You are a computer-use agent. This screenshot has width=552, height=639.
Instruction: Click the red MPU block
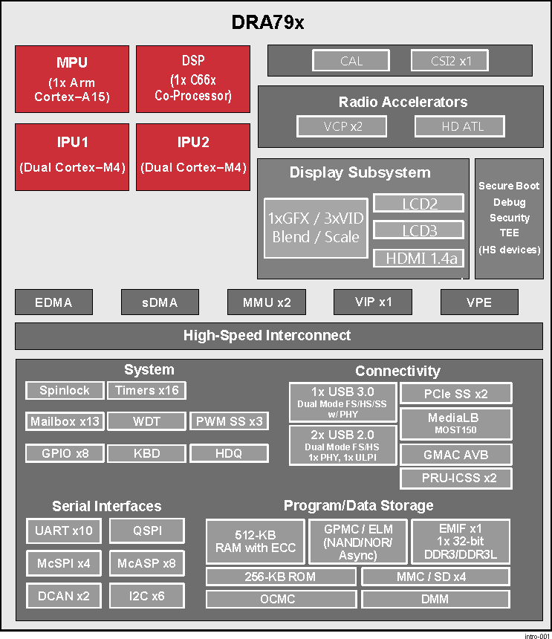pos(72,79)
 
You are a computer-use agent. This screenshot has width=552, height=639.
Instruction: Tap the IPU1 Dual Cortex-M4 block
pos(72,157)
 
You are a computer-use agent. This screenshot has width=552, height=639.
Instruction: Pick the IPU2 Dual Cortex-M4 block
pos(192,157)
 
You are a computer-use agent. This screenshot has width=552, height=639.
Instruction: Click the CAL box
pos(351,61)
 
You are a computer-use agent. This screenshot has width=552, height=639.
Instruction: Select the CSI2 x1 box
pos(451,61)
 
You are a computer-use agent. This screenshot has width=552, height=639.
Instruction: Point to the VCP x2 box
pos(343,126)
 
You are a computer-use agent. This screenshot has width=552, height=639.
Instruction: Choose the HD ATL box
pos(462,126)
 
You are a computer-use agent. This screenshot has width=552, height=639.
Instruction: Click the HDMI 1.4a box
pos(418,259)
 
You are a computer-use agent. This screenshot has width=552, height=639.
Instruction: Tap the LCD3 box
pos(418,230)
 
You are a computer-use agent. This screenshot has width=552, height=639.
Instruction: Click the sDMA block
pos(160,302)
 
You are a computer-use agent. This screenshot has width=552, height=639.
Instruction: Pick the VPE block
pos(479,302)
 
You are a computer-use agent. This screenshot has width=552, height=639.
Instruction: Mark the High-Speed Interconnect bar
pos(267,336)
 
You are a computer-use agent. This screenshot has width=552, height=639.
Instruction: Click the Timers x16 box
pos(147,390)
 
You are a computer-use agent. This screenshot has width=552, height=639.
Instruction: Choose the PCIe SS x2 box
pos(455,393)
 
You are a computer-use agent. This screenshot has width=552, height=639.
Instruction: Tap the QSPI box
pos(147,531)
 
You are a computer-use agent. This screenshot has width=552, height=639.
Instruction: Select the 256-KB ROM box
pos(280,577)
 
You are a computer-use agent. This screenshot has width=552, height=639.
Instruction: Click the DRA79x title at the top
pos(268,23)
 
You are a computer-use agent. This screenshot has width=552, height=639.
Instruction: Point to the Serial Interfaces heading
pos(106,506)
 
